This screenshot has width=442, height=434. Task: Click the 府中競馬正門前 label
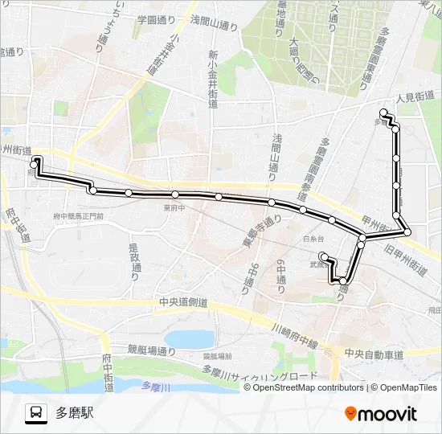point(78,217)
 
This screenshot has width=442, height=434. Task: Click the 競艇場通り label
point(151,350)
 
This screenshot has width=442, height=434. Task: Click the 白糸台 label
point(313,239)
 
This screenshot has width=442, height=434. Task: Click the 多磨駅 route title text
point(75,413)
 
